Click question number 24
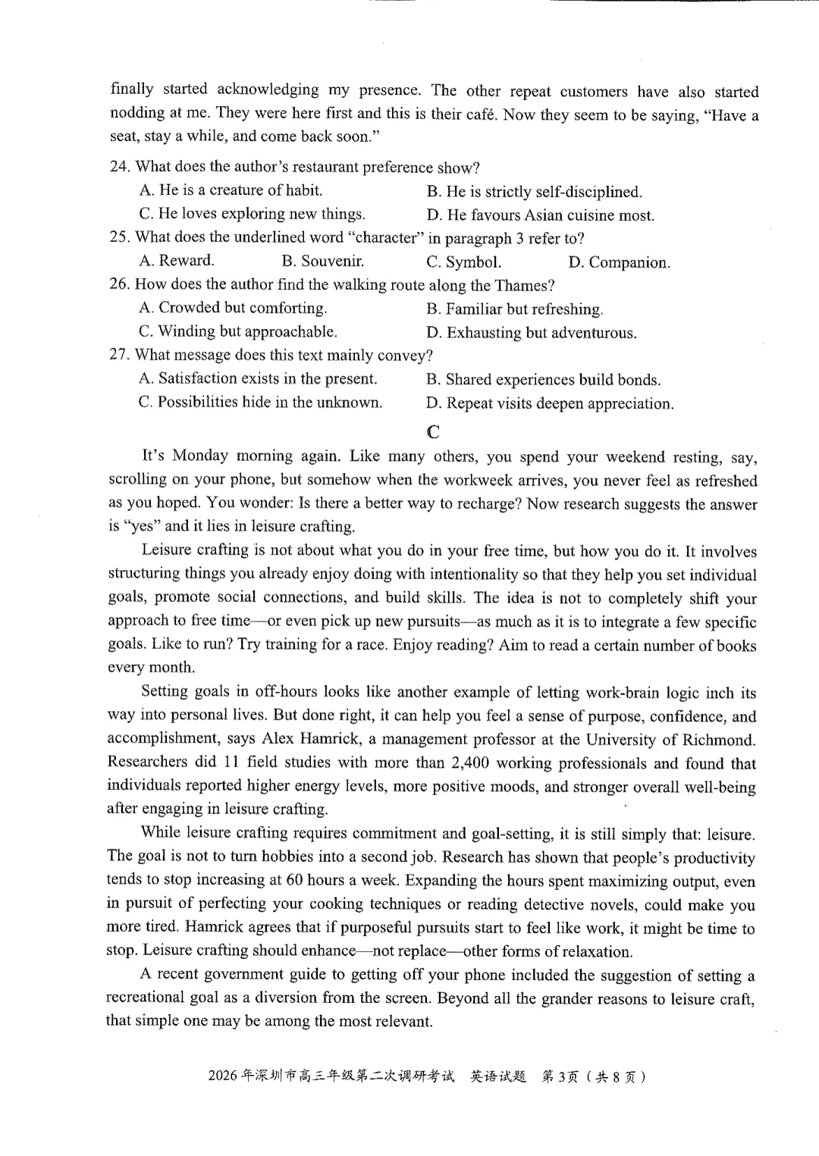(120, 167)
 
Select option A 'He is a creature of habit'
(231, 190)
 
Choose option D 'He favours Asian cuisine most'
(540, 215)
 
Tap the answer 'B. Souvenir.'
(322, 262)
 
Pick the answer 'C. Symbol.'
(463, 262)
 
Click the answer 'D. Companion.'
(619, 263)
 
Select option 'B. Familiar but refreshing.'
(515, 309)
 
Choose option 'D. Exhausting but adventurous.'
(531, 333)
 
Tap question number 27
(119, 356)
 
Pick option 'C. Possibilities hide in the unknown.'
(260, 403)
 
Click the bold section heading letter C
(433, 432)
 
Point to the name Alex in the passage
(278, 739)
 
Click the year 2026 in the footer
(222, 1076)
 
